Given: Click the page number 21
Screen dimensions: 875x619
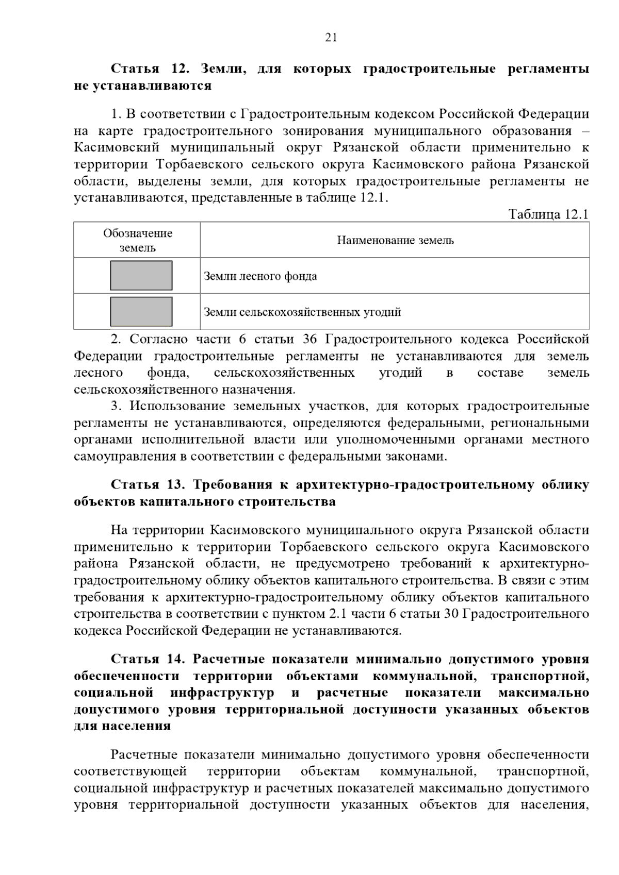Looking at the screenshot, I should [x=331, y=37].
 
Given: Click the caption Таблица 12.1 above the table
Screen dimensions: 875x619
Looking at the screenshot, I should [x=548, y=214].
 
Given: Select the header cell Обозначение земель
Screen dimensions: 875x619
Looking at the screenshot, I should [x=137, y=240].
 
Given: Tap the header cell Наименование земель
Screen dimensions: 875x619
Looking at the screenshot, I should [x=395, y=240].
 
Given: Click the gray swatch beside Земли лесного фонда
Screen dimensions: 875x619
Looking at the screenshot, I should [x=141, y=276].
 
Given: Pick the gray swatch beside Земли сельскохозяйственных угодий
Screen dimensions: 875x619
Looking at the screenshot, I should [x=141, y=311].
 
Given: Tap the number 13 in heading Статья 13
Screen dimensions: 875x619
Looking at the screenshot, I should [x=178, y=485].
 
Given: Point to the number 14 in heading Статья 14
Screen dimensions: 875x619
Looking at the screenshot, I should [x=178, y=659].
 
